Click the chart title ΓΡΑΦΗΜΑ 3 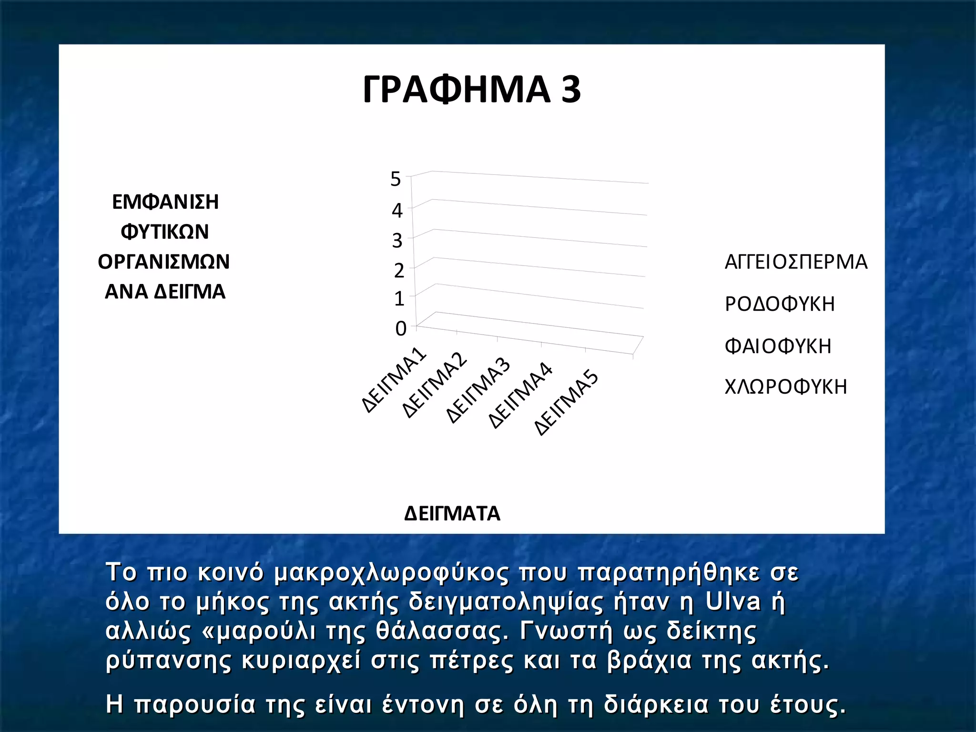472,90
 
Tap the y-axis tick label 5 396,179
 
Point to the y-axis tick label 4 397,210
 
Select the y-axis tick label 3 397,241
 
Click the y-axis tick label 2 399,271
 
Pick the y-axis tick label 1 399,299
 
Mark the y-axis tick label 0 401,328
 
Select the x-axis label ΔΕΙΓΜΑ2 435,386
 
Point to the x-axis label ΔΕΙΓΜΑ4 521,396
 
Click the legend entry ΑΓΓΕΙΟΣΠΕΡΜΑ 796,262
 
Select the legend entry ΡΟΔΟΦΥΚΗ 780,304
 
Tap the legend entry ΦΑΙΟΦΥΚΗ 778,346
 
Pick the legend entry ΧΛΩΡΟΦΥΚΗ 786,387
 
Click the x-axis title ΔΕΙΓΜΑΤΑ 452,513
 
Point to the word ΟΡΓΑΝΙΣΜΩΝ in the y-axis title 164,262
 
